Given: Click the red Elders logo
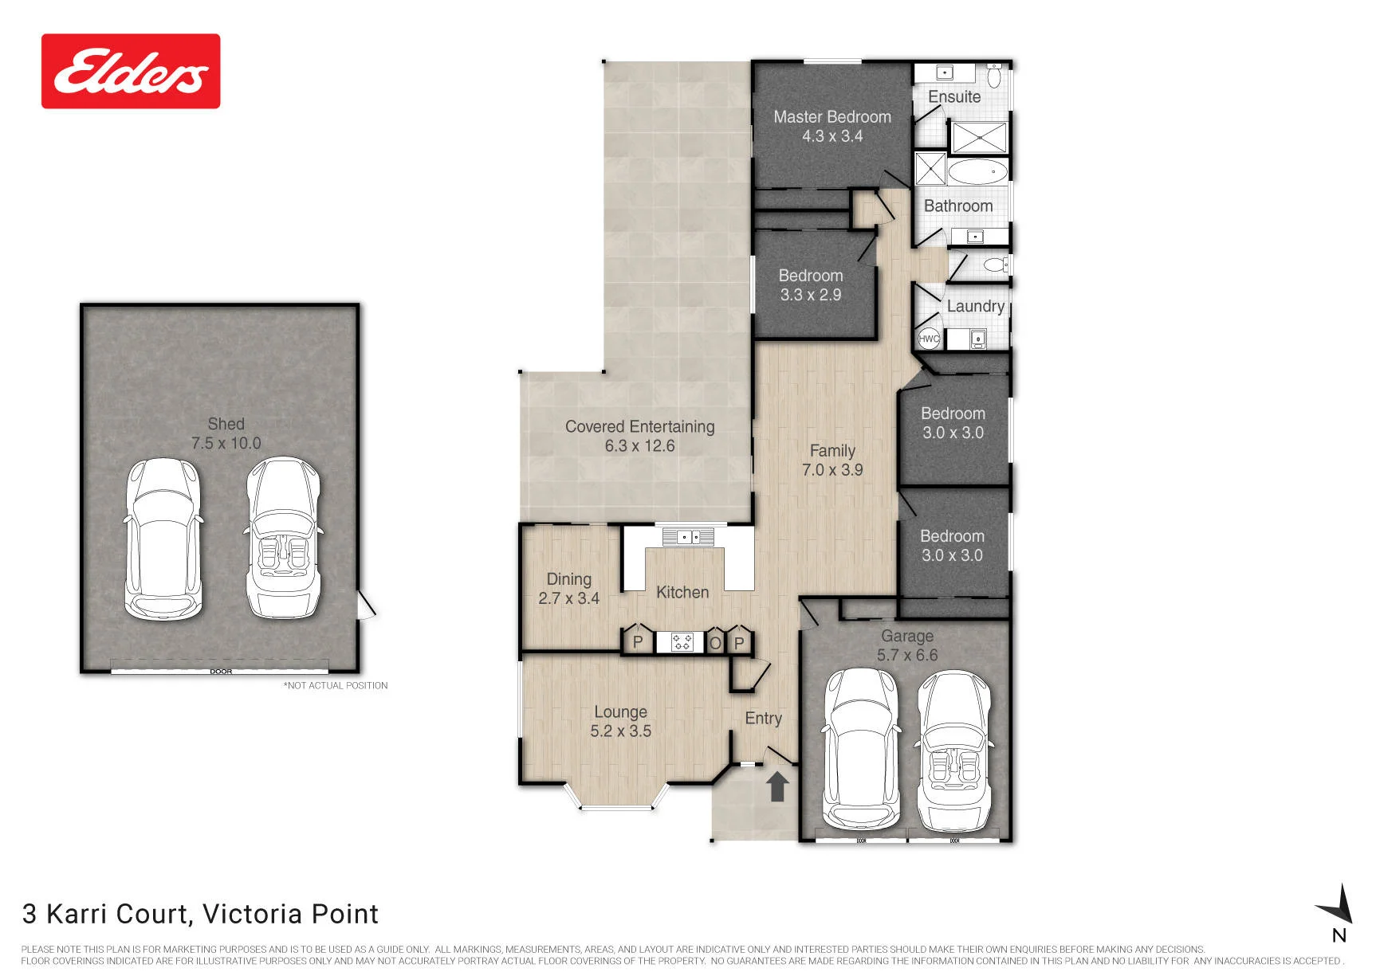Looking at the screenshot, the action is coord(131,71).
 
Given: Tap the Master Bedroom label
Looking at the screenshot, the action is coord(832,117).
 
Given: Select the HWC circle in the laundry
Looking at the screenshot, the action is coord(929,338).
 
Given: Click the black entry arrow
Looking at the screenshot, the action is coord(777,786).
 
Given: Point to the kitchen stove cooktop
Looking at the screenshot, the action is coord(682,641).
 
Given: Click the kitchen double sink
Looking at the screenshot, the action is coord(685,537).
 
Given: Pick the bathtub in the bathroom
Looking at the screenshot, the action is coord(978,171).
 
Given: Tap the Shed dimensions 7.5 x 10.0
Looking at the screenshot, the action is coord(226,443).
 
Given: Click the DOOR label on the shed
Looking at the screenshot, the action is coord(221,672).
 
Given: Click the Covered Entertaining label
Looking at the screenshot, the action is coord(640,426).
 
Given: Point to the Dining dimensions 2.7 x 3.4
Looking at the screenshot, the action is coord(568,598).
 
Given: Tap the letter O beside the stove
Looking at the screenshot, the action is coord(715,643).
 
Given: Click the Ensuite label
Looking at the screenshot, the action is coord(954,96).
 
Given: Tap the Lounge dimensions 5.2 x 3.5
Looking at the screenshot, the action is coord(621,731).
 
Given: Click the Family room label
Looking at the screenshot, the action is coord(832,450).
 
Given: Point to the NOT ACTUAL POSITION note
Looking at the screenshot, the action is coord(336,685).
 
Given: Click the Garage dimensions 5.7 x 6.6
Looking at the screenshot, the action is coord(907,655).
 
